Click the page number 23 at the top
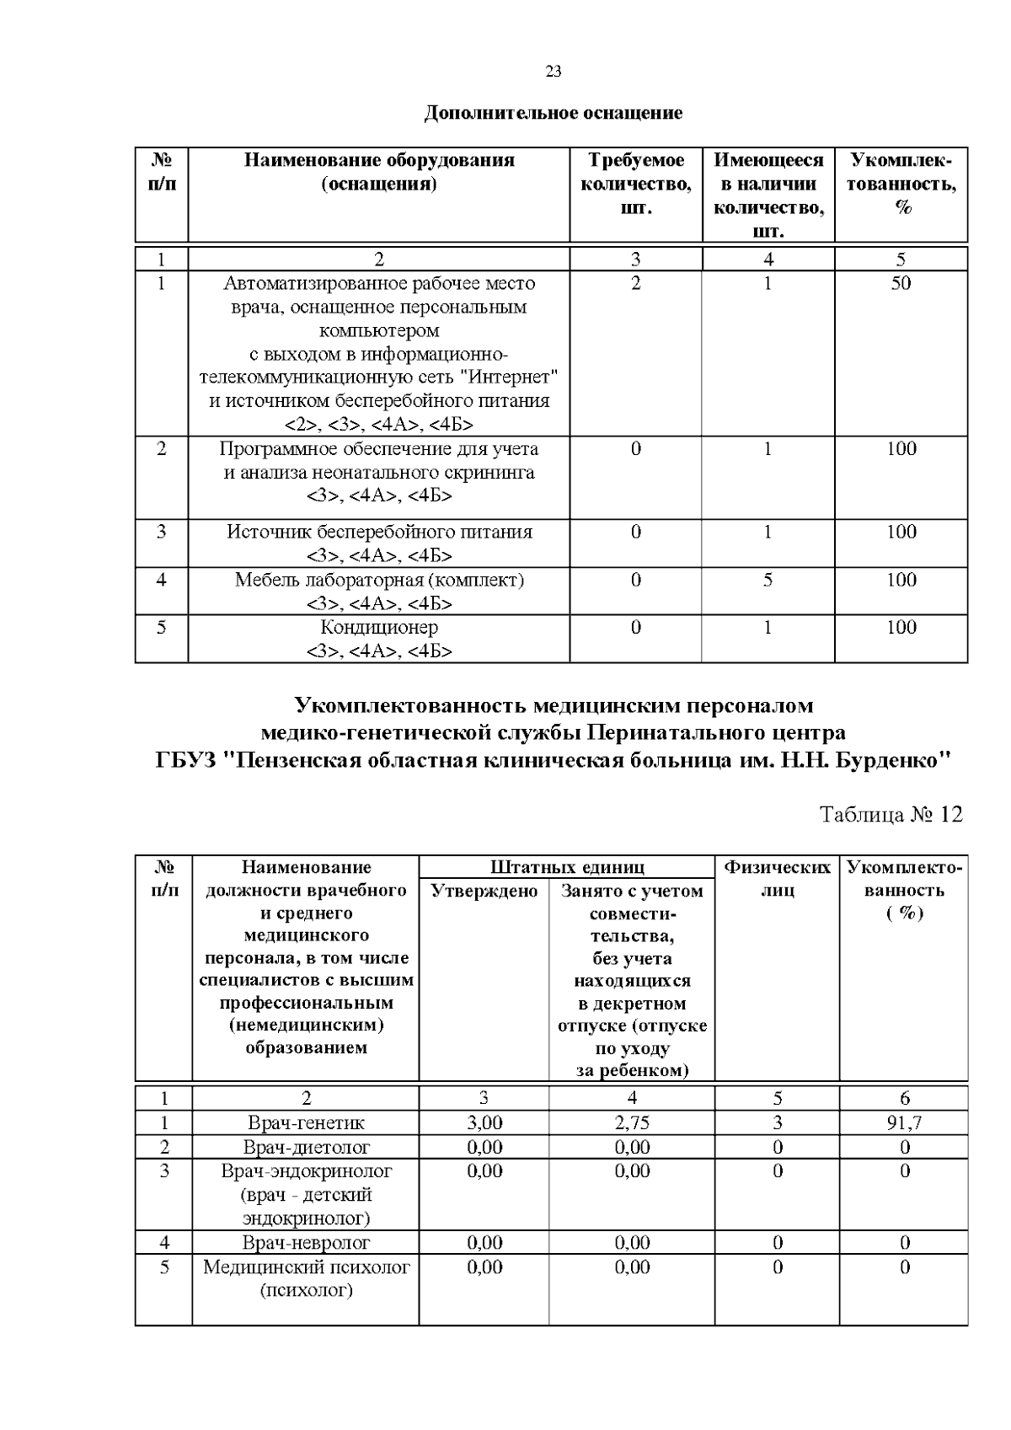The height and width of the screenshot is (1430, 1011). pos(553,72)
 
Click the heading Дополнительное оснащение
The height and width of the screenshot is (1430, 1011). pos(553,112)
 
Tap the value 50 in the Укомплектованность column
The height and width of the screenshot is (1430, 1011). pos(901,283)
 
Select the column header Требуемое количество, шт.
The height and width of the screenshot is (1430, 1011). pos(636,184)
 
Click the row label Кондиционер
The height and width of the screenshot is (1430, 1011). pos(379,627)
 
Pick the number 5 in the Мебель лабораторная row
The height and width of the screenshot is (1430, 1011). pos(768,580)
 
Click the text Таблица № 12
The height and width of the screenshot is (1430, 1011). pos(891,814)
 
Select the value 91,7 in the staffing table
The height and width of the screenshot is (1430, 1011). pos(905,1122)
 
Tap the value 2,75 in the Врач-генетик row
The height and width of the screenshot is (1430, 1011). pos(632,1122)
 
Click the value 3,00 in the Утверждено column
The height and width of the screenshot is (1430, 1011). pos(484,1122)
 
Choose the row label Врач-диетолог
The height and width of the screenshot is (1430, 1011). pos(307,1147)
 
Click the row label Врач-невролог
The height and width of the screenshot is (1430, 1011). pos(307,1242)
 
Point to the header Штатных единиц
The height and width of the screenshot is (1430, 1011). pos(567,867)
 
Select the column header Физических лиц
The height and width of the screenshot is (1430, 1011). pos(777,878)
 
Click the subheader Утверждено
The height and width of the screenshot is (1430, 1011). pos(484,891)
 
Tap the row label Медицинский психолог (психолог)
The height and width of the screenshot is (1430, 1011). pos(307,1278)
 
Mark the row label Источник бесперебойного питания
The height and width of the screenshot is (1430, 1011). pos(379,532)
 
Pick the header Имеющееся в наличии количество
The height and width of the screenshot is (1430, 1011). pos(768,195)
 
